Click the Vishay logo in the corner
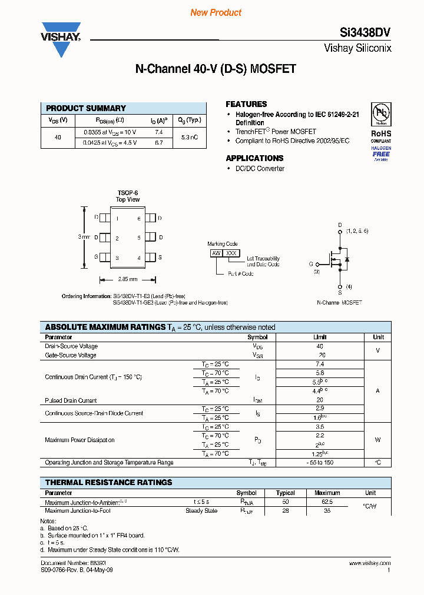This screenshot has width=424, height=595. click(61, 39)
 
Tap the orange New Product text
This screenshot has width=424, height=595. click(216, 12)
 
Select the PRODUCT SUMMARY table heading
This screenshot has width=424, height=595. click(86, 108)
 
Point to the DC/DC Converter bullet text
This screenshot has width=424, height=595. click(260, 169)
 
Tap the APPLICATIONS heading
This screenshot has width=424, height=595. click(254, 158)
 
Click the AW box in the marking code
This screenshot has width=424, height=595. click(216, 253)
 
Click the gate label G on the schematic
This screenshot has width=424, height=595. click(311, 264)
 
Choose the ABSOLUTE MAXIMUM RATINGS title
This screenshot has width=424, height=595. click(105, 327)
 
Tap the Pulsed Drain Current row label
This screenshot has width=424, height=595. click(71, 400)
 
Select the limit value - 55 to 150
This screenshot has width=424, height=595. click(320, 463)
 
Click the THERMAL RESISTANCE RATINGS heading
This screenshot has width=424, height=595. click(109, 482)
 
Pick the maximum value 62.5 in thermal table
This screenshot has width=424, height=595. click(327, 502)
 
